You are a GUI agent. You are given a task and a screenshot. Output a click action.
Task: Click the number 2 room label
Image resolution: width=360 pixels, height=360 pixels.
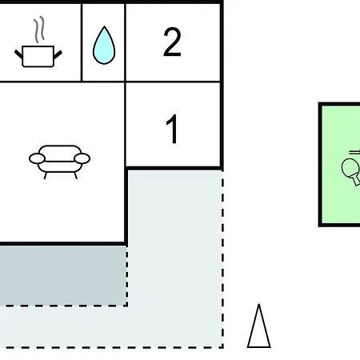click(x=172, y=42)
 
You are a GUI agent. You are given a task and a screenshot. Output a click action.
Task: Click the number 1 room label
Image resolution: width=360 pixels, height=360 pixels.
click(x=172, y=129)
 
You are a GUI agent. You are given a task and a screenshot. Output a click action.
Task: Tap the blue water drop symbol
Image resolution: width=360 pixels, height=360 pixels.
click(x=104, y=46)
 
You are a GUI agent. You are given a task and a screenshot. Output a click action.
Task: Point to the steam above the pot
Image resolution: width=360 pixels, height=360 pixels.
click(x=39, y=30)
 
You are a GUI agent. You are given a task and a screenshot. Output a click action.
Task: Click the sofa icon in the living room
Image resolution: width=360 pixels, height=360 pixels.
click(x=59, y=162)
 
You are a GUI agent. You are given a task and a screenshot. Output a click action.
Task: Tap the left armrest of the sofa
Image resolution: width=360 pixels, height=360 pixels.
click(x=37, y=158)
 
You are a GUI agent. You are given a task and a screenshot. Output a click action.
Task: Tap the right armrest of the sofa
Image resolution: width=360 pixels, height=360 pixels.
click(x=82, y=158)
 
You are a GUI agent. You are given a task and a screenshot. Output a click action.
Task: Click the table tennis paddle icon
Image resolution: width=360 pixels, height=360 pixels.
click(x=351, y=170)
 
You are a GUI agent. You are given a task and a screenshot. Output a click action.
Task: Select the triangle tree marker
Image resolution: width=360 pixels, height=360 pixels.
click(x=259, y=326)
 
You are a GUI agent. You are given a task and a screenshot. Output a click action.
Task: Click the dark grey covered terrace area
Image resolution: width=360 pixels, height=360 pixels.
click(x=63, y=275)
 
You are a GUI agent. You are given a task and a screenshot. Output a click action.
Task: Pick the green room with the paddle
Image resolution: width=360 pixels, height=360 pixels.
click(x=340, y=165)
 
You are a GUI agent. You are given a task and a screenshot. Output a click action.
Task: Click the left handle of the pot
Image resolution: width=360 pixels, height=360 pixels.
click(x=18, y=54)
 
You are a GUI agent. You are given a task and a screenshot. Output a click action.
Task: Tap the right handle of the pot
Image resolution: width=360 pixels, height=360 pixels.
click(x=58, y=54)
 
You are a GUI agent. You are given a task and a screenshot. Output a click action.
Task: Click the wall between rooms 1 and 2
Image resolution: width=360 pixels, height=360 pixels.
click(x=173, y=82)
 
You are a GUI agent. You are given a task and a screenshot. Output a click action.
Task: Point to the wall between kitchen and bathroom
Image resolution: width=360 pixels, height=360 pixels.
click(x=82, y=42)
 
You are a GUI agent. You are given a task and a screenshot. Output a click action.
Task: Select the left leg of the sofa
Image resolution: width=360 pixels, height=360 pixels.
click(x=46, y=176)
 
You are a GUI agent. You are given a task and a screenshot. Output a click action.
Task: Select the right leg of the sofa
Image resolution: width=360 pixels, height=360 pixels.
click(x=76, y=175)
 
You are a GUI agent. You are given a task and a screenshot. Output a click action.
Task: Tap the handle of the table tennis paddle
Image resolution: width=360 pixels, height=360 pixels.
click(x=356, y=179)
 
